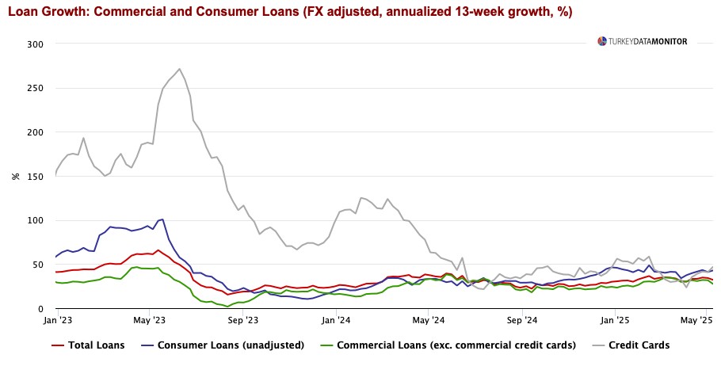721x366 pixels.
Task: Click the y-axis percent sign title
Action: click(x=15, y=176)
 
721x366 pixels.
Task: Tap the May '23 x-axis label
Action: click(x=149, y=321)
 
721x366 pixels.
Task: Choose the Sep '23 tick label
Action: click(x=242, y=321)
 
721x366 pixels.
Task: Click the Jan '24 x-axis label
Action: click(x=336, y=321)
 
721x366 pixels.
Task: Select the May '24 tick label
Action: click(x=429, y=321)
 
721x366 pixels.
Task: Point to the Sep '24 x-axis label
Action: click(x=522, y=321)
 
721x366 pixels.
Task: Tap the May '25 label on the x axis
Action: click(x=695, y=321)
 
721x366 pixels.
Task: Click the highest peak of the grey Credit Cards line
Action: click(x=180, y=69)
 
